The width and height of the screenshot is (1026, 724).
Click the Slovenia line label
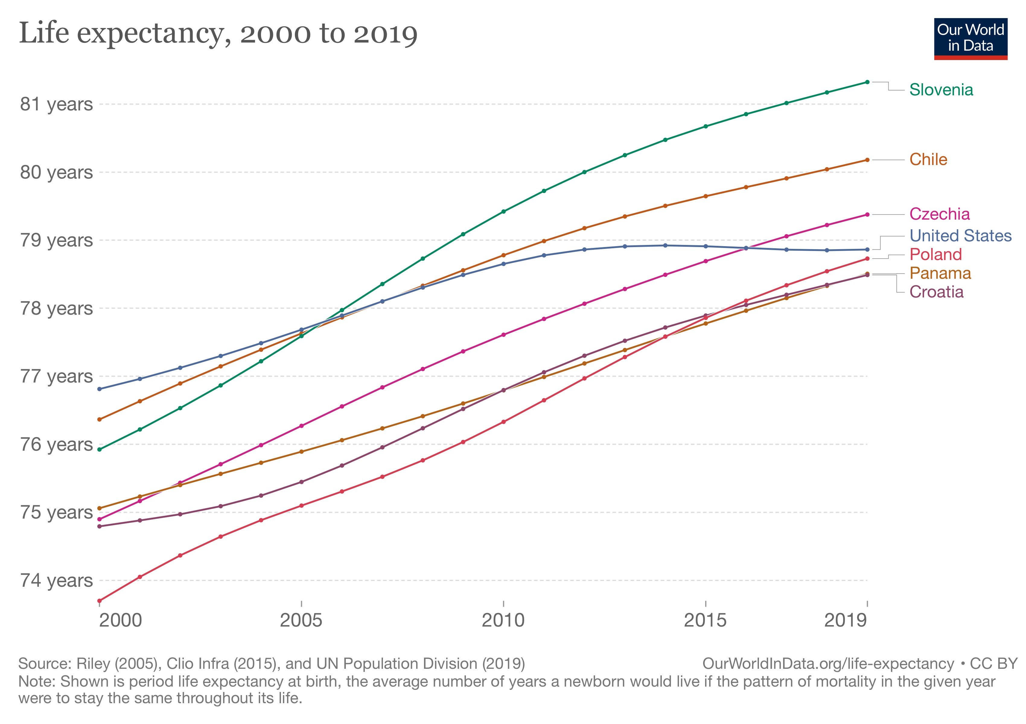[941, 90]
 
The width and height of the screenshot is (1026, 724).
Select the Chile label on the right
[928, 160]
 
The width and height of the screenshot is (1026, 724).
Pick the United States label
[960, 235]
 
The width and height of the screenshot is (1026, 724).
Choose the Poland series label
[935, 255]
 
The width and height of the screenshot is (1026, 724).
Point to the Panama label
[940, 273]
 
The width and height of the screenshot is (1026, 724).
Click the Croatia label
[936, 292]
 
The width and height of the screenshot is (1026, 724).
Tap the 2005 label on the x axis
[301, 621]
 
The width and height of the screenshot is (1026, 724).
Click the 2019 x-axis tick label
[846, 621]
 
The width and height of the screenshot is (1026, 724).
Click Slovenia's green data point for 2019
[867, 82]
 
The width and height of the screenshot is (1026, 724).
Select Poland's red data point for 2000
[99, 601]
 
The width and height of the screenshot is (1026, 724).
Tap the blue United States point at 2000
[99, 389]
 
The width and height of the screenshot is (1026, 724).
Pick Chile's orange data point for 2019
[867, 160]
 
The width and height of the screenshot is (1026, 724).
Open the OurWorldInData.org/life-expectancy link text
[828, 664]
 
